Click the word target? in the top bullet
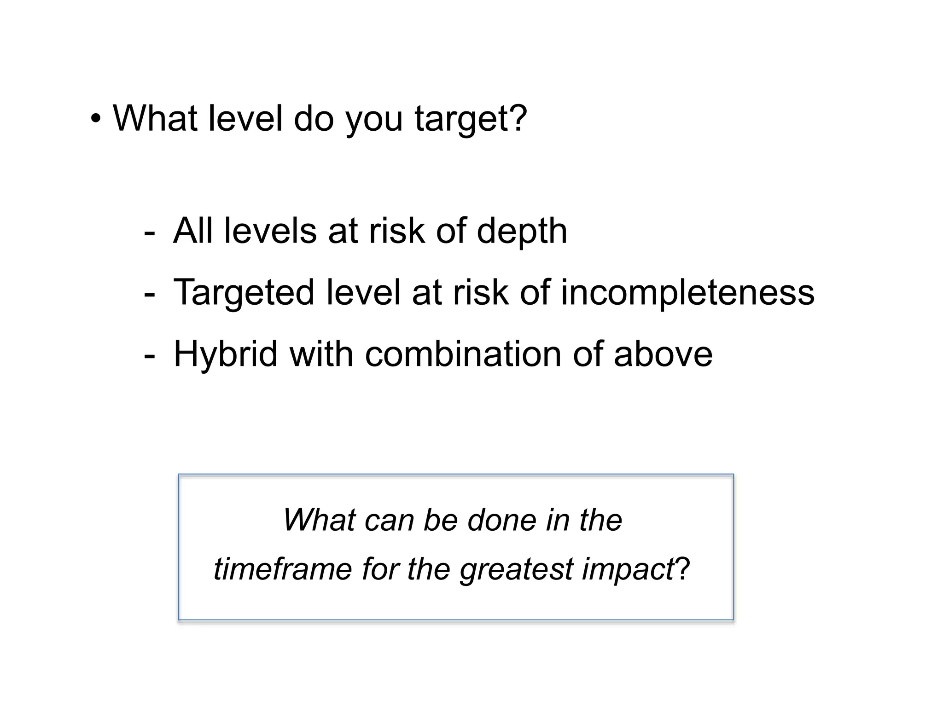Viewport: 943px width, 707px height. tap(471, 119)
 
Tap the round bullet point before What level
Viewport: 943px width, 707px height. tap(95, 119)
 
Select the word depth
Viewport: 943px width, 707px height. tap(521, 231)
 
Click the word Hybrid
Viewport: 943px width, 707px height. tap(226, 354)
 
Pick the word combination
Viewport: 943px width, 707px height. tap(463, 354)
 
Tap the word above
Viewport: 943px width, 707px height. tap(663, 354)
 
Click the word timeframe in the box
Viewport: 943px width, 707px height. tap(283, 569)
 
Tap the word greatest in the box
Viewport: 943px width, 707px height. tap(516, 570)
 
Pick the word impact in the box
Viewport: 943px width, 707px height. tap(628, 570)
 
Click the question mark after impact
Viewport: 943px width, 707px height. tap(682, 569)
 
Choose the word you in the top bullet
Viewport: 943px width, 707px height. tap(374, 120)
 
